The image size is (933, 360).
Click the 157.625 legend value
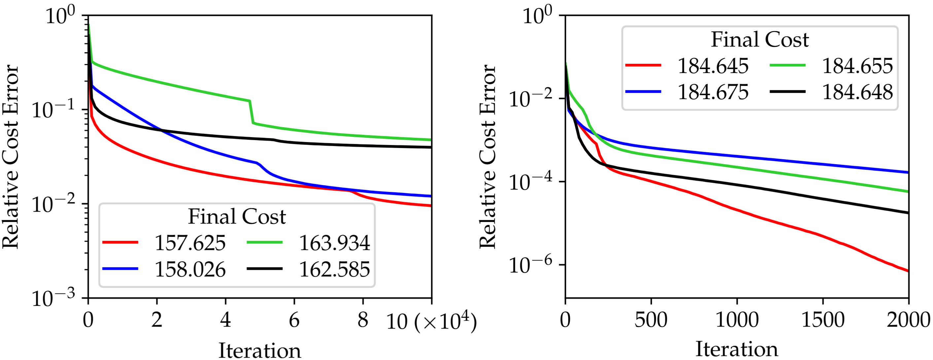(190, 243)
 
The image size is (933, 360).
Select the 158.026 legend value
(190, 270)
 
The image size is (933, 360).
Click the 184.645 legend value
(712, 66)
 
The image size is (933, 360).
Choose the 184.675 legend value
(712, 92)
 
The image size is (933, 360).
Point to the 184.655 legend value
(857, 66)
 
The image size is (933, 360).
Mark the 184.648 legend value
(857, 92)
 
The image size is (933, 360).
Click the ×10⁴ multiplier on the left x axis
(446, 321)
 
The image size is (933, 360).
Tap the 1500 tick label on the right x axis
(822, 320)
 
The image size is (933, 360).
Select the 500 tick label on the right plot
(651, 320)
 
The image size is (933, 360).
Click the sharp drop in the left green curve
(251, 112)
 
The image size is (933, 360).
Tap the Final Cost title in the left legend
(237, 217)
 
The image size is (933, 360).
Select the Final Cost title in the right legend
(760, 40)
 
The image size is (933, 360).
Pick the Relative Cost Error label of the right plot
(487, 157)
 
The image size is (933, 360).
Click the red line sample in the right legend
(643, 65)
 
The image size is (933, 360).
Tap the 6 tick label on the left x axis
(294, 320)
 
